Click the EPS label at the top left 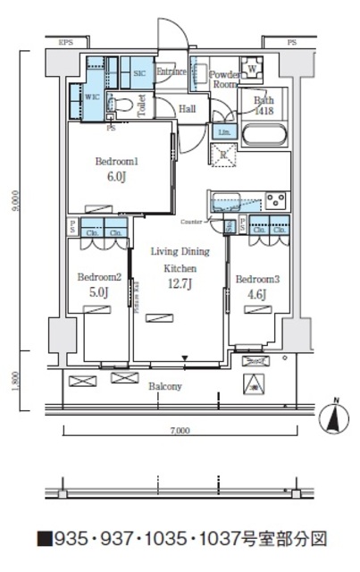click(65, 43)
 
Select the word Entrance click(171, 71)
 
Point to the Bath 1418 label click(264, 105)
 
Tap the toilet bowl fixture click(123, 105)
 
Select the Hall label click(188, 108)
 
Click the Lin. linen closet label click(222, 132)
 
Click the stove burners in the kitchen click(276, 198)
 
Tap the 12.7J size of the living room click(179, 284)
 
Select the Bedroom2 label click(97, 276)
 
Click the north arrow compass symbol click(331, 415)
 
